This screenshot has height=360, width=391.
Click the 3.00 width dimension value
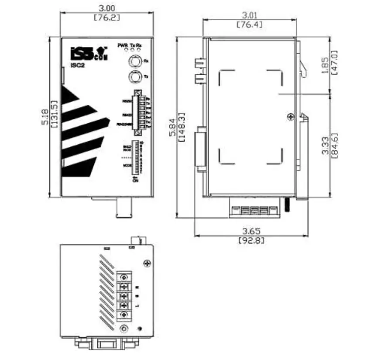(x=107, y=8)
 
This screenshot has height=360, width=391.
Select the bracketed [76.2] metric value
(x=107, y=18)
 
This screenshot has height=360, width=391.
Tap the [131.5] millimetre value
(x=54, y=118)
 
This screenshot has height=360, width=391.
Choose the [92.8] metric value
(x=250, y=240)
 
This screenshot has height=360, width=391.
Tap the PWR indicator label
(x=122, y=45)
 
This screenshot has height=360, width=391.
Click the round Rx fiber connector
(x=134, y=60)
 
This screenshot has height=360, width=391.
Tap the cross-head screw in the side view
(x=291, y=116)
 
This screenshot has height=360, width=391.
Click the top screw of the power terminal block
(x=124, y=277)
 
